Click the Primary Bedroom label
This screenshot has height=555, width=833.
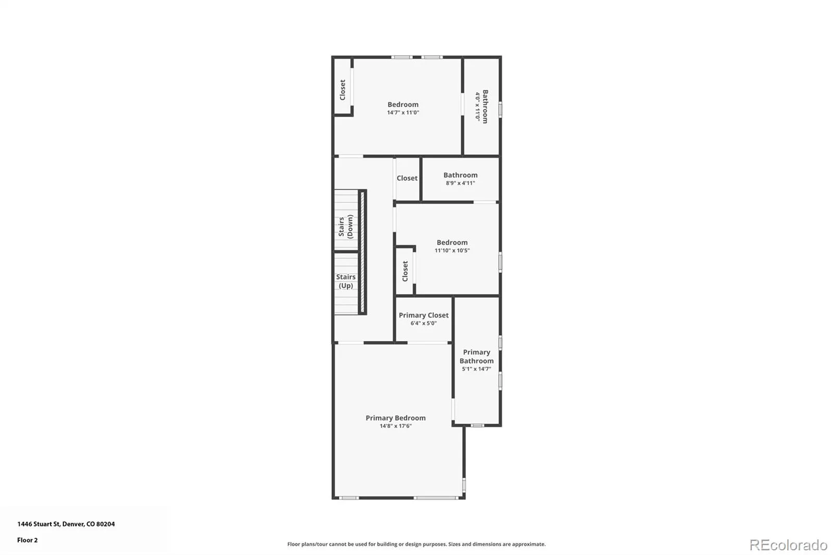(395, 418)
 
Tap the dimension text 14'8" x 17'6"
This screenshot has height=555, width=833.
(395, 426)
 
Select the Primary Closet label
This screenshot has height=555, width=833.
(424, 316)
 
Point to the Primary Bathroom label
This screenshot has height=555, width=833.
(476, 356)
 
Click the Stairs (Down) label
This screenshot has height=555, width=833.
(346, 226)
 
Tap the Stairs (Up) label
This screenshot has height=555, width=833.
(346, 281)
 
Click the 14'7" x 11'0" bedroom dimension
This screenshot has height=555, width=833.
(403, 112)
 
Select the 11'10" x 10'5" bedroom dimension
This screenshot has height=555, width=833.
(452, 251)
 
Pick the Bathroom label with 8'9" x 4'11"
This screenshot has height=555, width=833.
(460, 175)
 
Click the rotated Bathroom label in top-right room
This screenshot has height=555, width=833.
(485, 106)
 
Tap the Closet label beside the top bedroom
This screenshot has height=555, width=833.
(343, 90)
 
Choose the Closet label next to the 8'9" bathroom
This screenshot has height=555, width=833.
(407, 178)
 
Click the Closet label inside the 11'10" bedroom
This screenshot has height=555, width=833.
(405, 271)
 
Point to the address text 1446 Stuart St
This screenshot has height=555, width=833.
(39, 524)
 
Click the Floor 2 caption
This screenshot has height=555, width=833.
(28, 540)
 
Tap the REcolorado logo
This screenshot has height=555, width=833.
(788, 545)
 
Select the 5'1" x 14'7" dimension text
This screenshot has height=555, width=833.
(476, 369)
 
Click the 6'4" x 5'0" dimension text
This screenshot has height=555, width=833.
(424, 323)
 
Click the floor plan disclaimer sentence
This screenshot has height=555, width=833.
(416, 544)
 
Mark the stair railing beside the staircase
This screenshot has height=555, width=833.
(362, 252)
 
